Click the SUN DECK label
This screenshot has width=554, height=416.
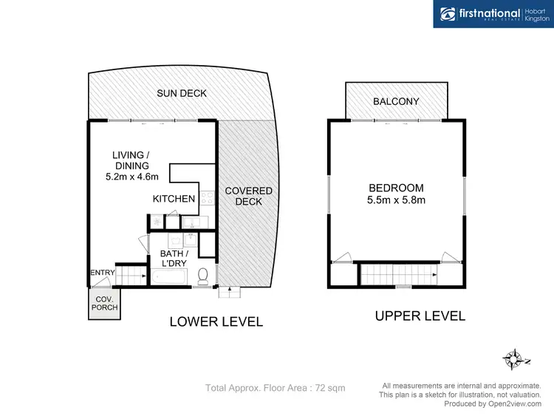182,93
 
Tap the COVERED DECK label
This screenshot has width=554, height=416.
248,197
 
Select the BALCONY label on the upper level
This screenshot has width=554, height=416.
396,101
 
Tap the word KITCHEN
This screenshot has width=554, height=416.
174,199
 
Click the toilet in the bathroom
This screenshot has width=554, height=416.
204,276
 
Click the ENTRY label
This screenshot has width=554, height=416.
102,273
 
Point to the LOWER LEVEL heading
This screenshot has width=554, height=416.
216,322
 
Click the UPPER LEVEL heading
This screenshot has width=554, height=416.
420,316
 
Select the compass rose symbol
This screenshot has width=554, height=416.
514,360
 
